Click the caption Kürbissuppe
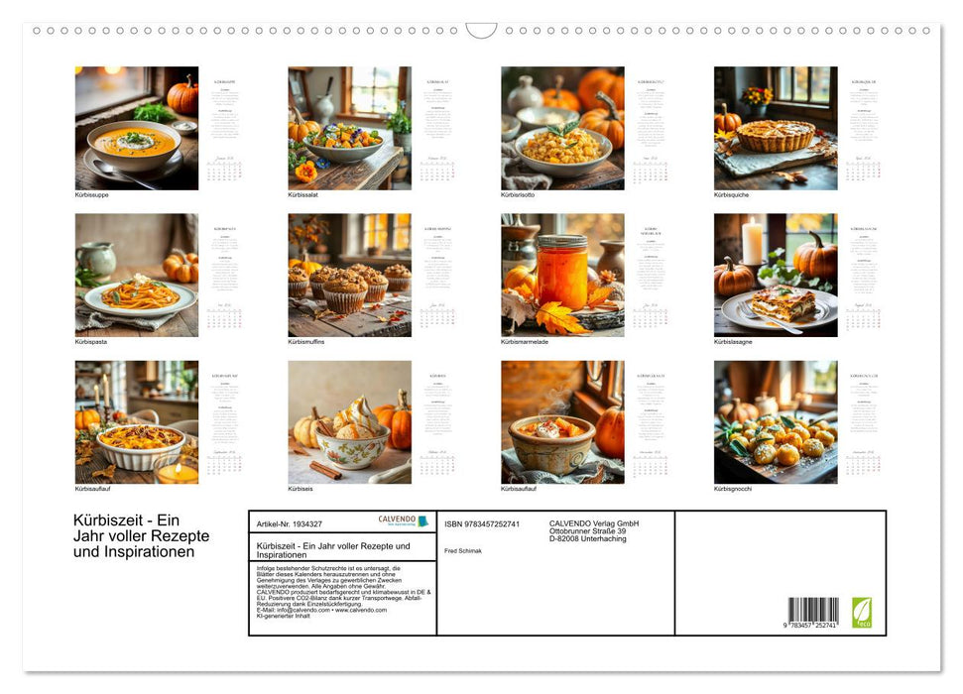(x=92, y=195)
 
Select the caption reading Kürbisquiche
(x=732, y=195)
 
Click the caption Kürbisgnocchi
(x=734, y=489)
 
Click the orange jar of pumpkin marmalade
(x=562, y=272)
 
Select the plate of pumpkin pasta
(x=139, y=293)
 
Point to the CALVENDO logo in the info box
(x=403, y=520)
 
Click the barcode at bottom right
(x=813, y=610)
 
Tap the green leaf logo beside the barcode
(x=861, y=612)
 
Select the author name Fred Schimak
(x=463, y=551)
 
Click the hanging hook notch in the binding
(x=481, y=31)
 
